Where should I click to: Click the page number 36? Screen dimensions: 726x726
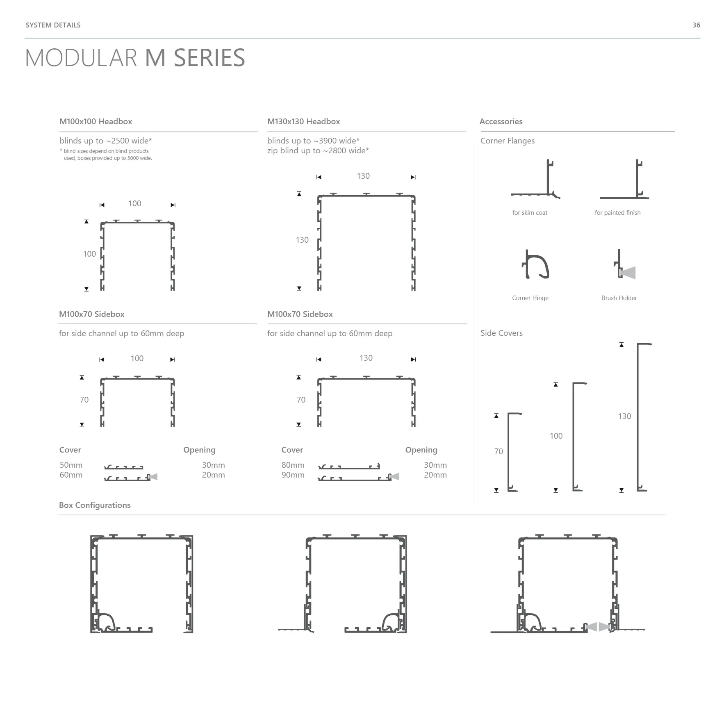(696, 25)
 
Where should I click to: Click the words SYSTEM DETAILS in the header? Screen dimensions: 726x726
(53, 25)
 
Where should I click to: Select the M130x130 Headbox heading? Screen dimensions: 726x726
(303, 121)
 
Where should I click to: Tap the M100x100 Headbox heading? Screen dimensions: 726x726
(96, 121)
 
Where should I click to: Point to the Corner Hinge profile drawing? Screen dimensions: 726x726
(535, 264)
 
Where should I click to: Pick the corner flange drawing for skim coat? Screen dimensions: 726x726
(535, 179)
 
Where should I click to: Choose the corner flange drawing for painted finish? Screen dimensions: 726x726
(624, 179)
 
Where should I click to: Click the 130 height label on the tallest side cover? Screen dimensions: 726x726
(624, 416)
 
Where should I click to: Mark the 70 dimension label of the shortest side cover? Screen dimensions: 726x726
(498, 451)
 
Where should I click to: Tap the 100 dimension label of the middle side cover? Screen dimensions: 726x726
(556, 436)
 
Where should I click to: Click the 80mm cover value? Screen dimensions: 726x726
(293, 465)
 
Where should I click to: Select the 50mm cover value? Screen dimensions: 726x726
(71, 465)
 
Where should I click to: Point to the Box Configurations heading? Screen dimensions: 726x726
(95, 505)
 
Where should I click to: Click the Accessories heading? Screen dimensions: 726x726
(501, 121)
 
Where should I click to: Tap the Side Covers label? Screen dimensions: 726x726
(501, 333)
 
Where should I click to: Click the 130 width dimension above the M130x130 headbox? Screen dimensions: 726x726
(363, 176)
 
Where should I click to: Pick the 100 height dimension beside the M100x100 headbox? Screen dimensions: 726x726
(89, 254)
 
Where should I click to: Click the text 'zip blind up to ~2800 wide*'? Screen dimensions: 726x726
(318, 150)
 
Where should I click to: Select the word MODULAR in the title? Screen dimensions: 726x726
(81, 58)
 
